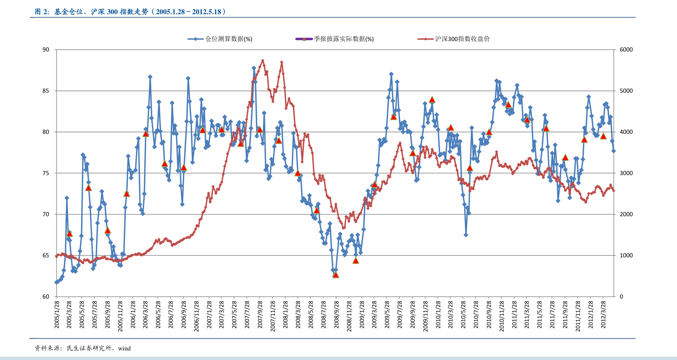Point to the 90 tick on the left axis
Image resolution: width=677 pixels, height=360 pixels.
tap(46, 50)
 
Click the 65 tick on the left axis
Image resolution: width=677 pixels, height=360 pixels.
tap(46, 255)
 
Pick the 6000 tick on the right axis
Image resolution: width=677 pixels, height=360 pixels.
tap(626, 50)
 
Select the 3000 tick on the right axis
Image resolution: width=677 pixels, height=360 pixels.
tap(626, 173)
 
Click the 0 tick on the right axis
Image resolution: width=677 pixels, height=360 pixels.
tap(621, 297)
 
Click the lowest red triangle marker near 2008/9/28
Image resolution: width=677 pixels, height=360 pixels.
tap(336, 275)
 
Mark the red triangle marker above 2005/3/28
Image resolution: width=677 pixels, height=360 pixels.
tap(69, 234)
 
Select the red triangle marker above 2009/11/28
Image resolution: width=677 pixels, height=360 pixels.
tap(432, 100)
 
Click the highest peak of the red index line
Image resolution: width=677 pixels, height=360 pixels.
tap(263, 61)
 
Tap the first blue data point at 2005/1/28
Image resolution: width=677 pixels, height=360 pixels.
tap(56, 282)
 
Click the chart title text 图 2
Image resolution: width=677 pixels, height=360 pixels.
tap(42, 12)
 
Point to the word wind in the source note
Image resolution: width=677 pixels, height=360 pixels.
tap(124, 348)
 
